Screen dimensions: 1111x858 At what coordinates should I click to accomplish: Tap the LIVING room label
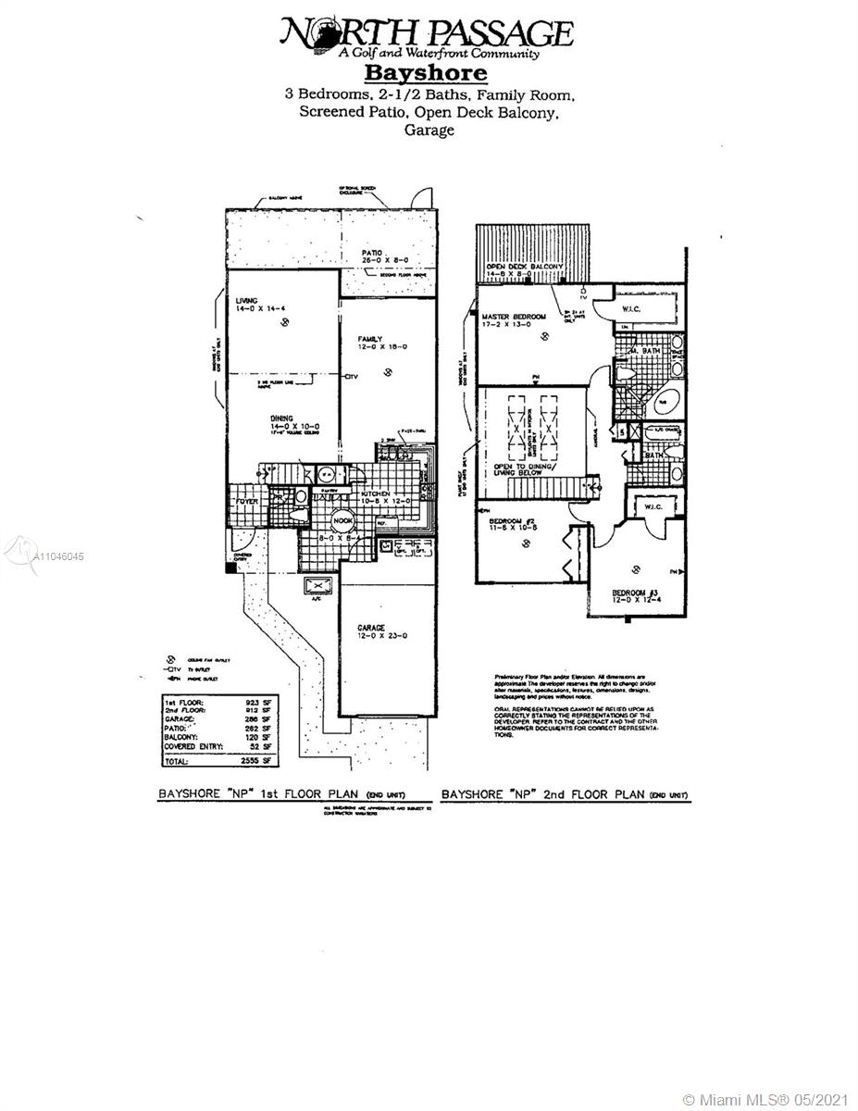click(246, 299)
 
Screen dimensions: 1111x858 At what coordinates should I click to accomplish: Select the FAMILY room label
click(371, 340)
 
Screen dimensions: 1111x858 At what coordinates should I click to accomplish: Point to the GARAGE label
click(372, 628)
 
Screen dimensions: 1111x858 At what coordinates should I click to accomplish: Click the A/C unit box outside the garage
click(317, 586)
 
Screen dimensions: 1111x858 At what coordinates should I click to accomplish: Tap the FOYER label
click(245, 501)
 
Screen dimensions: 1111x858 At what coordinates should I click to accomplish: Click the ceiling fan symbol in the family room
click(388, 373)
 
